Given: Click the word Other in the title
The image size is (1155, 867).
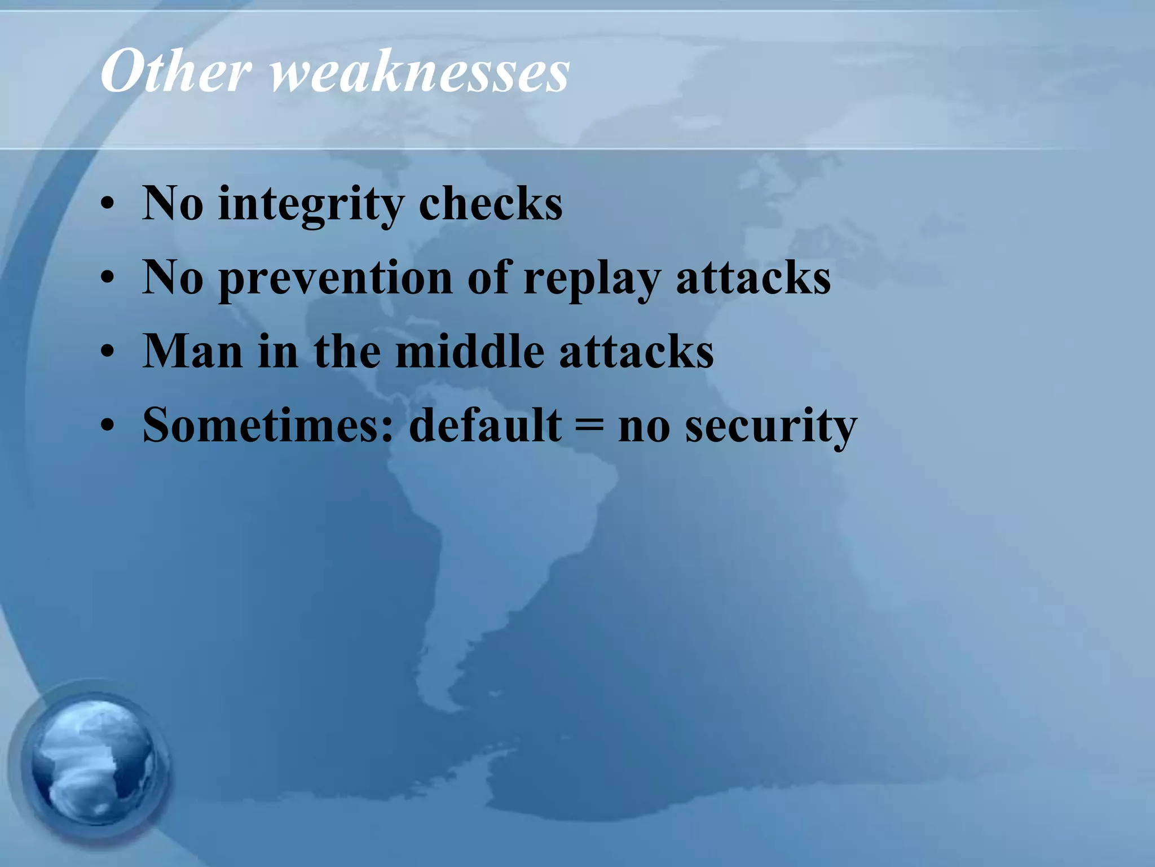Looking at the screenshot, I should coord(175,72).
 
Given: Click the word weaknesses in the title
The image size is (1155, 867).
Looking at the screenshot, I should coord(420,72).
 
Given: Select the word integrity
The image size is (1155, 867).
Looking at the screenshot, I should coord(311,204).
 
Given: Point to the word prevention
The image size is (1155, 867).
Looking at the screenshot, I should coord(335,278).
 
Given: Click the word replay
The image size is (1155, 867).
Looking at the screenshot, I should coord(592,278).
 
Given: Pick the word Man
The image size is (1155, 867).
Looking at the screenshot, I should coord(192,351).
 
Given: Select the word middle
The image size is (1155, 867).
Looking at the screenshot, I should coord(470,351).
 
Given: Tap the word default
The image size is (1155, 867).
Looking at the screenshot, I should coord(485,425).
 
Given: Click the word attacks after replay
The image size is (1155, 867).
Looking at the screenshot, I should coord(753,278).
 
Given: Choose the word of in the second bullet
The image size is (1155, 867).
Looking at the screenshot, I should coord(488,278).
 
